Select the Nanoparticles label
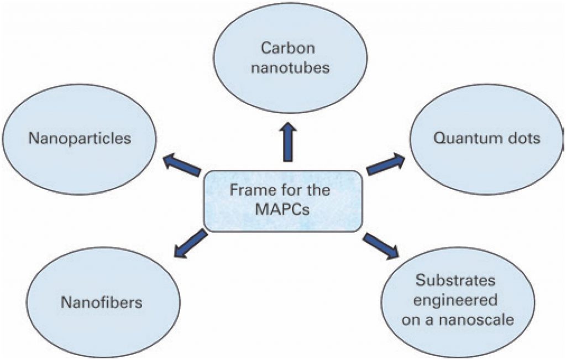pyautogui.click(x=80, y=138)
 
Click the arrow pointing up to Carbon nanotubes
pyautogui.click(x=287, y=143)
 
